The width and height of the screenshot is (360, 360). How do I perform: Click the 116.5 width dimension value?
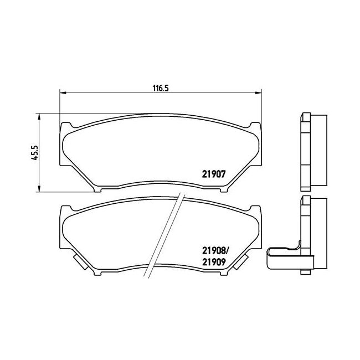click(161, 88)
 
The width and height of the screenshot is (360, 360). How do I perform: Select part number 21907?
click(214, 174)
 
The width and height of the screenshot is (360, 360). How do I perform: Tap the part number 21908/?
click(215, 251)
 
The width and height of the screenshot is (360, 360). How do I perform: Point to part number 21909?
click(214, 262)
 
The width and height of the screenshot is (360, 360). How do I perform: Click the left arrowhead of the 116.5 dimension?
click(63, 92)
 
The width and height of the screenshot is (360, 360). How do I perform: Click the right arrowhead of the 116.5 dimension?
click(259, 92)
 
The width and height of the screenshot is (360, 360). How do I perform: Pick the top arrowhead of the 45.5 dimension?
click(39, 116)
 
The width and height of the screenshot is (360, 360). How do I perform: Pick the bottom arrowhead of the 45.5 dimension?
click(39, 188)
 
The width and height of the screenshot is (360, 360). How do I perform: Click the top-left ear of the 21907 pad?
click(66, 126)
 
